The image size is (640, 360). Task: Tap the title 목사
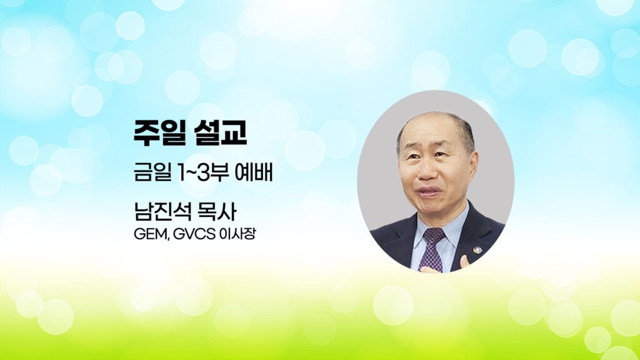click(x=217, y=212)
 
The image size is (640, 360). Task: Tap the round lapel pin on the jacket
click(x=477, y=249)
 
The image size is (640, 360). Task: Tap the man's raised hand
click(x=464, y=262)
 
